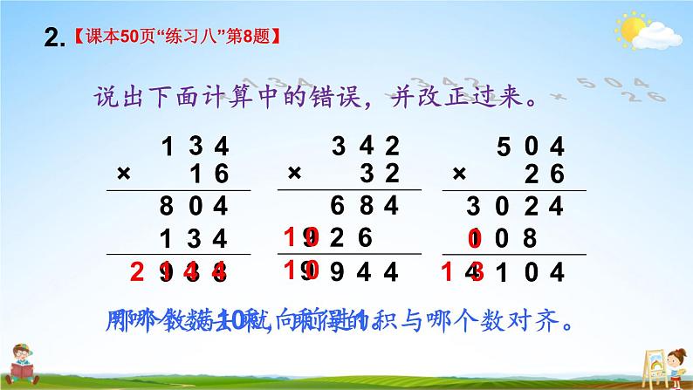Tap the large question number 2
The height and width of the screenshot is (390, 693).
tap(53, 37)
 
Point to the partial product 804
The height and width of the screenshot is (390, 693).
tap(199, 207)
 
